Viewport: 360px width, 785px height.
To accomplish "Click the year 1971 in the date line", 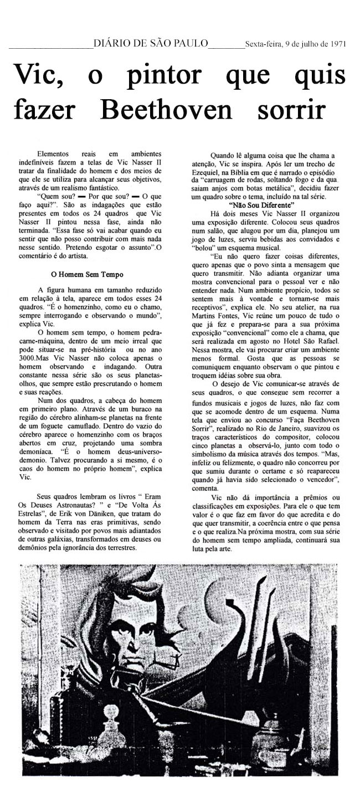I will coord(337,44).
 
